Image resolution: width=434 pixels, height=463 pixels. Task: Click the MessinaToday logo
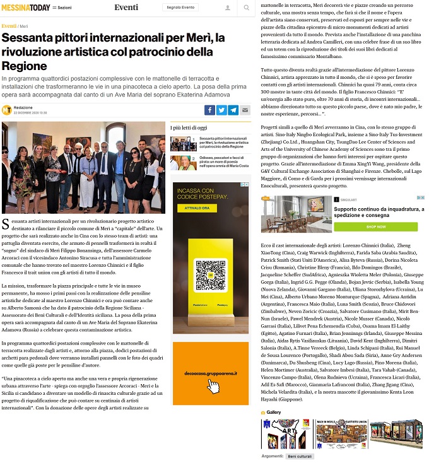[x=25, y=8]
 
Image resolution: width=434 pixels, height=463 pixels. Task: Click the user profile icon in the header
[x=227, y=8]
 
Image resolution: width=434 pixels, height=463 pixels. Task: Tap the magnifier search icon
[x=245, y=8]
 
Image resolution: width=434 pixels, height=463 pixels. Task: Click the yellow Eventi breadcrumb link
[x=9, y=26]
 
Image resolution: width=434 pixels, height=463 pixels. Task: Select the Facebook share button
[x=210, y=110]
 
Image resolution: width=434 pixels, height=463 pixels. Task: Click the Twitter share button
[x=221, y=110]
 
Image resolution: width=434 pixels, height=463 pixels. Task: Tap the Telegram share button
[x=233, y=110]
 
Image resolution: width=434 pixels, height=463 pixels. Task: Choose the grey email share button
[x=245, y=110]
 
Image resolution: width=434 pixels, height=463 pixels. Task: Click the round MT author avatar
[x=6, y=110]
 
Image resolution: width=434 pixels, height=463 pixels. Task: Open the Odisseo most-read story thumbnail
[x=183, y=163]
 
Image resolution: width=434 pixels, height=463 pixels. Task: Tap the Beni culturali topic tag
[x=300, y=455]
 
